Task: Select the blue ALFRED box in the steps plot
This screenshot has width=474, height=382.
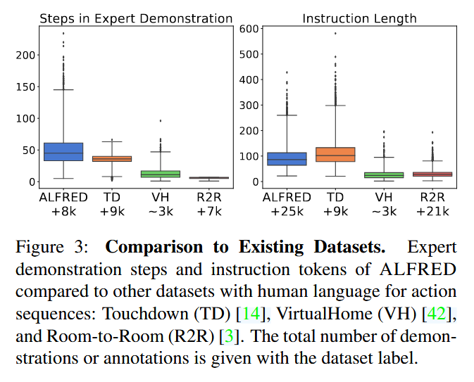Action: pyautogui.click(x=63, y=151)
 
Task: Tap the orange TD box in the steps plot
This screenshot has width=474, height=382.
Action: pyautogui.click(x=111, y=158)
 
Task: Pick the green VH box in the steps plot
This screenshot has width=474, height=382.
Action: pyautogui.click(x=161, y=173)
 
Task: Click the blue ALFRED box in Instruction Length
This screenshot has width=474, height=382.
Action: pyautogui.click(x=287, y=159)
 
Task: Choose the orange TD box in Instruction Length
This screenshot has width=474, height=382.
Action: pyautogui.click(x=335, y=154)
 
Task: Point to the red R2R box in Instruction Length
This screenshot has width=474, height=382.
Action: pyautogui.click(x=432, y=174)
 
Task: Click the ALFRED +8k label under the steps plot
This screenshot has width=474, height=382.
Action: pyautogui.click(x=63, y=204)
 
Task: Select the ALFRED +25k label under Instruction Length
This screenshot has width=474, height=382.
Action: pyautogui.click(x=287, y=204)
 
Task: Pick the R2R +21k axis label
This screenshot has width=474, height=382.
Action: pyautogui.click(x=432, y=204)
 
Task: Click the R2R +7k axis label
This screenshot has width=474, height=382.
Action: pyautogui.click(x=208, y=204)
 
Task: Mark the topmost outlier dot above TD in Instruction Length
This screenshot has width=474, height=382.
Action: pyautogui.click(x=335, y=33)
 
